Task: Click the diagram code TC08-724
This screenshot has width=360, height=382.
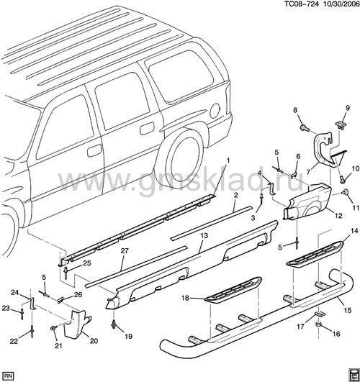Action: [x=302, y=4]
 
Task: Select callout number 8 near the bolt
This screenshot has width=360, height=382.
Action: [x=295, y=110]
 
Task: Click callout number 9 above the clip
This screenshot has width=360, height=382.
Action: [x=348, y=108]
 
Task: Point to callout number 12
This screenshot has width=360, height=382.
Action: [x=338, y=215]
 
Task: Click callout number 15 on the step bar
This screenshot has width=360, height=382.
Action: [x=348, y=310]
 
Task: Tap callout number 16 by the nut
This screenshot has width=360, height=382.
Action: [x=336, y=334]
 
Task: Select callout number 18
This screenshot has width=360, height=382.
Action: [x=185, y=298]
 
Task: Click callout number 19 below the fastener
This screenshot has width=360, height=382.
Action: [x=128, y=337]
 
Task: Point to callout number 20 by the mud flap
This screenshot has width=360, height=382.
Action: [x=94, y=340]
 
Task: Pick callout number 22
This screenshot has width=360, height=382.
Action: [x=14, y=341]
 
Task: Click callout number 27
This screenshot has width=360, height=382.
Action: [x=125, y=251]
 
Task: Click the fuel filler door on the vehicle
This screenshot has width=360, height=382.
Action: [x=215, y=111]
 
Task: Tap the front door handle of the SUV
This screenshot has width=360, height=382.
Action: [x=94, y=150]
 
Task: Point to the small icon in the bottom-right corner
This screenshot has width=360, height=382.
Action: [x=352, y=374]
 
